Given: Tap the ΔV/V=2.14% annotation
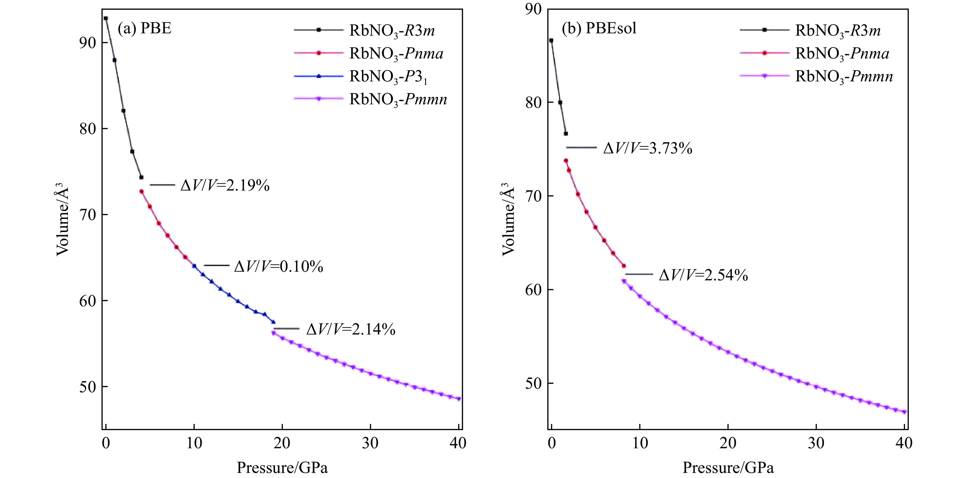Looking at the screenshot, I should [351, 329].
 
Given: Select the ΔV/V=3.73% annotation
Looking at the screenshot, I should [648, 149].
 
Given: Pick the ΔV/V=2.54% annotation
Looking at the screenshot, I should [703, 276].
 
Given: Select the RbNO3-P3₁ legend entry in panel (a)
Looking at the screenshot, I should [388, 77].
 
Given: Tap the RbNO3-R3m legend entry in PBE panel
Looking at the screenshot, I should [392, 31].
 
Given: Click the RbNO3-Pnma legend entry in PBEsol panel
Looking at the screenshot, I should [842, 54].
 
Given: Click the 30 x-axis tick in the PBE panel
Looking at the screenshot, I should [370, 443].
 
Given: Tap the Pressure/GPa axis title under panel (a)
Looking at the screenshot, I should [282, 467].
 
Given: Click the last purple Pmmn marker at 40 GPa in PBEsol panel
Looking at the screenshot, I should [904, 412].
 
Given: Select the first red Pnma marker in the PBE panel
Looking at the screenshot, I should [141, 191].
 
